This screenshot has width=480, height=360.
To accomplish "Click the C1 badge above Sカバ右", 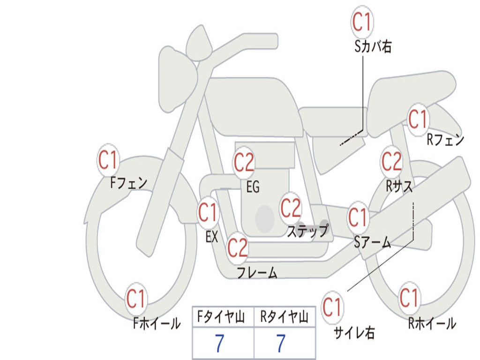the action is (x=362, y=22).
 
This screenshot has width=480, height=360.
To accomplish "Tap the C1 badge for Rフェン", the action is (x=418, y=119).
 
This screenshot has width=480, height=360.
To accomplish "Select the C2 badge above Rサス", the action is (x=391, y=162).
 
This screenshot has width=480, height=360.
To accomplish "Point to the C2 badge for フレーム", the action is (x=237, y=247).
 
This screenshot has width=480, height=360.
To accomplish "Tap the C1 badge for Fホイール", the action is (x=136, y=299).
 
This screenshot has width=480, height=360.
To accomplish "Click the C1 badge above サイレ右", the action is (x=332, y=307).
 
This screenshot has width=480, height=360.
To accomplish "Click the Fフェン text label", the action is (x=129, y=182).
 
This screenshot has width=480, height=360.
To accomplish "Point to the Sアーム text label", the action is (x=372, y=242).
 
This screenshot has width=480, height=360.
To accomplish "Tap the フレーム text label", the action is (x=257, y=272).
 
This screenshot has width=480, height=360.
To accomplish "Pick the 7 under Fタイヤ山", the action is (x=219, y=344).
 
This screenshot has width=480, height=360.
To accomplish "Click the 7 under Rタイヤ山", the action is (x=280, y=344).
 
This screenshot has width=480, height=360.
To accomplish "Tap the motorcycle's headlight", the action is (x=176, y=77).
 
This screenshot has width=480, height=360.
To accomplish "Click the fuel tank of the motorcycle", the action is (x=253, y=105).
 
